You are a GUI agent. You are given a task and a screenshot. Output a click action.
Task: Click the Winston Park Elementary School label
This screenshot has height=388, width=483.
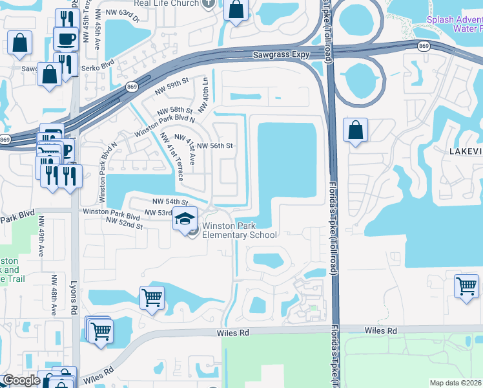[x=240, y=230]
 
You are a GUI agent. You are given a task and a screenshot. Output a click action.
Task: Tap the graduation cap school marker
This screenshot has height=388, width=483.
[x=185, y=219]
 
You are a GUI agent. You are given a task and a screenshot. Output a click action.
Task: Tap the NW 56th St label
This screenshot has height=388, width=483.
[x=214, y=145]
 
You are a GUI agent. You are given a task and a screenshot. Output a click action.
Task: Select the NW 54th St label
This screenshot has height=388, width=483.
[x=170, y=202]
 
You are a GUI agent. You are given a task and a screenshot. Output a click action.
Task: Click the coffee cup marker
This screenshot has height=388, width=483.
[x=66, y=39]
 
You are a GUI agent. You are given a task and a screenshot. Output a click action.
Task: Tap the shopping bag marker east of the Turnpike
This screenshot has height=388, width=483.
[x=355, y=131]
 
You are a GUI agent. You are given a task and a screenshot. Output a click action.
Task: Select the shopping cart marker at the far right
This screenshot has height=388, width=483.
[x=466, y=286]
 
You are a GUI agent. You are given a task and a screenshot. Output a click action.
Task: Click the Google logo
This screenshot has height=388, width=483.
[x=21, y=381]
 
